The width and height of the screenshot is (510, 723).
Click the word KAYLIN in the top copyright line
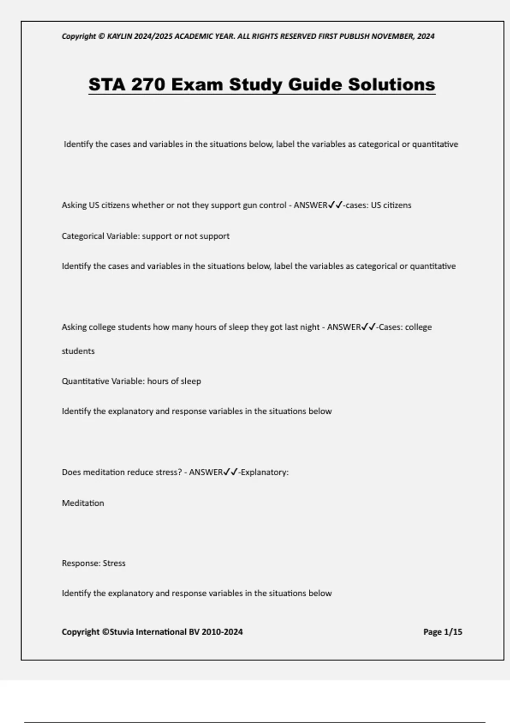pyautogui.click(x=119, y=37)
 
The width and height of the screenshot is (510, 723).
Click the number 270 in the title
pyautogui.click(x=148, y=84)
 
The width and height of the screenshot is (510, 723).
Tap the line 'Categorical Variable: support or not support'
pyautogui.click(x=145, y=236)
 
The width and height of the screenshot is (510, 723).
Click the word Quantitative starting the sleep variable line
pyautogui.click(x=85, y=381)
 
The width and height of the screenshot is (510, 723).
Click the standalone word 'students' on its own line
pyautogui.click(x=78, y=351)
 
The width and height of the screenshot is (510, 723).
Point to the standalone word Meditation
pyautogui.click(x=83, y=503)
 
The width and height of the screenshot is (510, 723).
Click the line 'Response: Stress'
pyautogui.click(x=93, y=563)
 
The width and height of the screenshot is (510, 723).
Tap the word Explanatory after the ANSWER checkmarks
pyautogui.click(x=264, y=472)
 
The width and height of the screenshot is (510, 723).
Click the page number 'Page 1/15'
pyautogui.click(x=442, y=632)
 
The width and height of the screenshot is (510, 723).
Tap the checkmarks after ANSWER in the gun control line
pyautogui.click(x=335, y=205)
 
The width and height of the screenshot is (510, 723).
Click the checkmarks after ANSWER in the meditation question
pyautogui.click(x=231, y=472)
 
